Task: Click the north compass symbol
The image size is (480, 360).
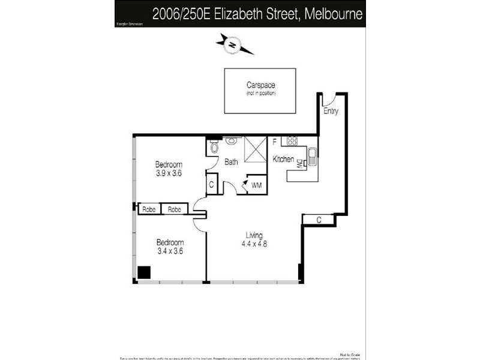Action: tap(232, 43)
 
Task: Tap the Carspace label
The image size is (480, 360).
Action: tap(260, 85)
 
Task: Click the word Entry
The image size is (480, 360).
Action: tap(331, 111)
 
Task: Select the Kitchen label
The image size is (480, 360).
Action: tap(283, 159)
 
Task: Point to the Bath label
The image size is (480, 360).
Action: tap(232, 161)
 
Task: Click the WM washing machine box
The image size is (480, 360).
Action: tap(256, 185)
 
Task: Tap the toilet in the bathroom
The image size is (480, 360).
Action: tap(214, 147)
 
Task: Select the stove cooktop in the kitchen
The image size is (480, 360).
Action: tap(292, 142)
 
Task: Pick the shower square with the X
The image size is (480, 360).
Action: tap(256, 148)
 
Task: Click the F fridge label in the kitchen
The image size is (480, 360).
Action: tap(274, 142)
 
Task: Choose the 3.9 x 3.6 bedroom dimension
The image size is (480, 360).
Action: tap(168, 173)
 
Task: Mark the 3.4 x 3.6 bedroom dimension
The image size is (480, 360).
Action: tap(170, 251)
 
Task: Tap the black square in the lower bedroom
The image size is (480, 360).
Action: tap(144, 272)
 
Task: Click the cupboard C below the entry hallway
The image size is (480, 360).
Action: tap(319, 220)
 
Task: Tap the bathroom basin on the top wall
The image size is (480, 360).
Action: tap(231, 141)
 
